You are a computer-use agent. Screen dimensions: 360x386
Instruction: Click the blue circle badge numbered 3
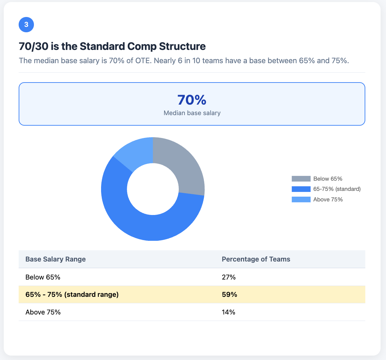click(x=26, y=25)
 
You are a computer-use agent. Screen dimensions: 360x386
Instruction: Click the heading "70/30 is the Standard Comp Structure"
click(x=112, y=46)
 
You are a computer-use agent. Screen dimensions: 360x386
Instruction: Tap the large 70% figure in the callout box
click(x=192, y=100)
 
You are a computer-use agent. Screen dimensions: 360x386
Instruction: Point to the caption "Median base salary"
click(x=192, y=113)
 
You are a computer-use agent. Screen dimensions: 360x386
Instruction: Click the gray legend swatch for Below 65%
click(x=301, y=179)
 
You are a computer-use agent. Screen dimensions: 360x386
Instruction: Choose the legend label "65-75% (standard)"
click(x=336, y=189)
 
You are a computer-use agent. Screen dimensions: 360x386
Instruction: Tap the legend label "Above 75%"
click(x=328, y=199)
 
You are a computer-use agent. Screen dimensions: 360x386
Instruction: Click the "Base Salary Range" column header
click(x=56, y=259)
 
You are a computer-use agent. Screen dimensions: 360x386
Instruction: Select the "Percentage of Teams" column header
click(x=256, y=259)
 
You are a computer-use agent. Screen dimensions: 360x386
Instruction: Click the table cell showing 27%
click(x=229, y=277)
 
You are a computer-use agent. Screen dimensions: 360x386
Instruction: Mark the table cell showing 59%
click(x=229, y=294)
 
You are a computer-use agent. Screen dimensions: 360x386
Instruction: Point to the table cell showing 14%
click(x=229, y=312)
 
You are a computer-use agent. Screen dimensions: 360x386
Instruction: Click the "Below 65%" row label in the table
click(x=43, y=277)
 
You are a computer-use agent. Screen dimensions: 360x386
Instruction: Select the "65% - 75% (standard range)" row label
click(x=72, y=294)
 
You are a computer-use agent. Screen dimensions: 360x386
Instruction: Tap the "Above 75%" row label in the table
click(x=43, y=312)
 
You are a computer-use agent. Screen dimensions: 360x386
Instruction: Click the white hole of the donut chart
click(x=153, y=189)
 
